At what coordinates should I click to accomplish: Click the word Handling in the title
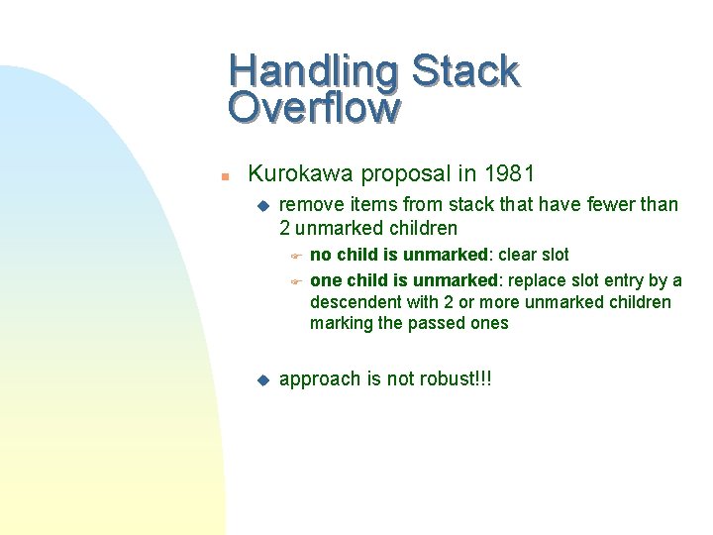coord(313,71)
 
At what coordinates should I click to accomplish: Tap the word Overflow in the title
coord(314,107)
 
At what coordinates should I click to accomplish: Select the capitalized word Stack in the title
coord(464,71)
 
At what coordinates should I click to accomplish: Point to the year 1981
coord(509,174)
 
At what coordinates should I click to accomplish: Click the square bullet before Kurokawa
coord(225,176)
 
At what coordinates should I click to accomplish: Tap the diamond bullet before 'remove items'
coord(262,205)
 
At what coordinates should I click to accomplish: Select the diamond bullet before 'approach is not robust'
coord(262,378)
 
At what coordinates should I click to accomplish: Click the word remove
coord(309,205)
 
